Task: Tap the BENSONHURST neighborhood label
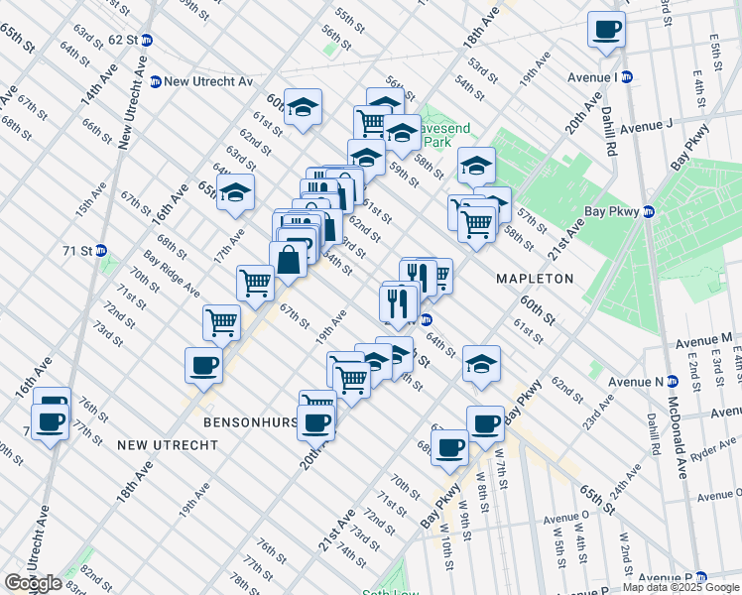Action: point(250,421)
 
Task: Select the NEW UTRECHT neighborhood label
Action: point(167,445)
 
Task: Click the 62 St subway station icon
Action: point(147,40)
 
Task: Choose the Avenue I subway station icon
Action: point(628,76)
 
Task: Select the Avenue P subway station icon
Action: point(701,577)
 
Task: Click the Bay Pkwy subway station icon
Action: point(648,210)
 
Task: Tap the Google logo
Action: point(33,583)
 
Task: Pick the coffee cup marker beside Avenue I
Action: point(606,30)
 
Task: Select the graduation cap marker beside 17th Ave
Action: point(236,191)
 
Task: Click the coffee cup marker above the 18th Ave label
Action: point(203,365)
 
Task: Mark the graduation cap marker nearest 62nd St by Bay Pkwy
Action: point(482,364)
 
